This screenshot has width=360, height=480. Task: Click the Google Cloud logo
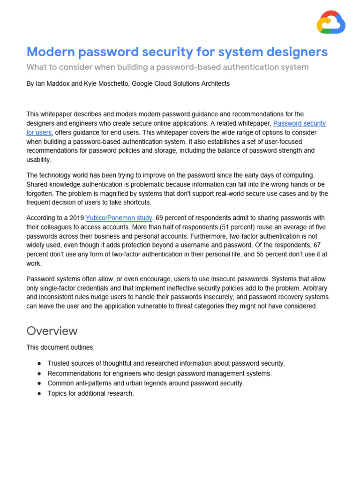click(x=331, y=22)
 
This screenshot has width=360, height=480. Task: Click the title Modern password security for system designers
click(x=177, y=52)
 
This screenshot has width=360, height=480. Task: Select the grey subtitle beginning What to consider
click(x=167, y=67)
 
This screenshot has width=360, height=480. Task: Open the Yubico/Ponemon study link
click(x=119, y=218)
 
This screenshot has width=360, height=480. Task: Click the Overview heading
click(x=52, y=331)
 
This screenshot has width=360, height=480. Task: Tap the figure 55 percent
click(x=255, y=255)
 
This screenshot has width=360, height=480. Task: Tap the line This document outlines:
click(x=60, y=347)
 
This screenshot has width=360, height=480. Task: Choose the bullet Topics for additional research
click(x=90, y=393)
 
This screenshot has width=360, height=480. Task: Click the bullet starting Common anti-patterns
click(x=145, y=383)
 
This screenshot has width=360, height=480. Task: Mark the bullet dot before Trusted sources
click(x=38, y=363)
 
